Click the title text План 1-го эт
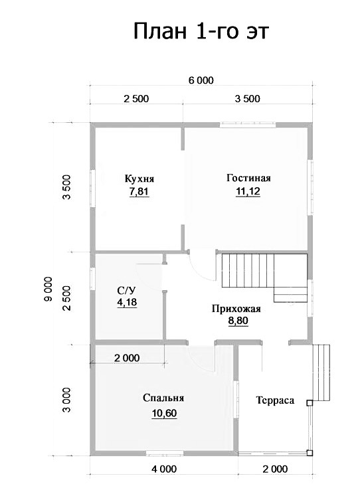pyautogui.click(x=201, y=31)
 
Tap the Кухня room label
pyautogui.click(x=139, y=179)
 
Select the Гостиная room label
pyautogui.click(x=248, y=178)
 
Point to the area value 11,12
pyautogui.click(x=248, y=191)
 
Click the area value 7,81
pyautogui.click(x=139, y=192)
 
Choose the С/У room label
pyautogui.click(x=127, y=289)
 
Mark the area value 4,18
pyautogui.click(x=127, y=302)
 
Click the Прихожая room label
pyautogui.click(x=236, y=308)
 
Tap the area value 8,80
pyautogui.click(x=238, y=321)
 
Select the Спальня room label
pyautogui.click(x=163, y=398)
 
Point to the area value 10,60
pyautogui.click(x=164, y=413)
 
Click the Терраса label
pyautogui.click(x=275, y=400)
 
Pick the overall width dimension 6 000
pyautogui.click(x=201, y=80)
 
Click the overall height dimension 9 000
pyautogui.click(x=48, y=289)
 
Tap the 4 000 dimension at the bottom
pyautogui.click(x=164, y=469)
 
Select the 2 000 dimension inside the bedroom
pyautogui.click(x=127, y=358)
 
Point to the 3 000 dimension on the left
pyautogui.click(x=66, y=400)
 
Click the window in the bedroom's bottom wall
pyautogui.click(x=165, y=453)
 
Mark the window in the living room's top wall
pyautogui.click(x=248, y=125)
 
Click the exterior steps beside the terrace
pyautogui.click(x=321, y=373)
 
